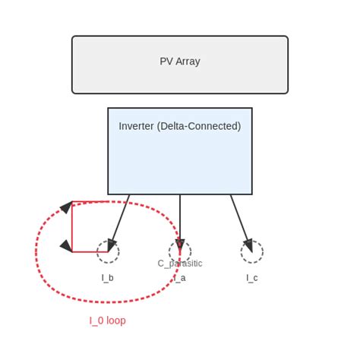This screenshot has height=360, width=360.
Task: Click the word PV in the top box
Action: point(166,62)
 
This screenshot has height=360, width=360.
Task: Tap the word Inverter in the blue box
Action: point(137,126)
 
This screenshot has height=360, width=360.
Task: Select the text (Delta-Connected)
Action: point(200,126)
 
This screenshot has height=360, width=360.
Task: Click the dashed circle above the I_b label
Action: point(108,252)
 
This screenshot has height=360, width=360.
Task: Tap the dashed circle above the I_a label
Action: point(180,252)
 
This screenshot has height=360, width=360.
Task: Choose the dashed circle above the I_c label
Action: point(252,252)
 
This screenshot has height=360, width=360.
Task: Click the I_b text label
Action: point(108,278)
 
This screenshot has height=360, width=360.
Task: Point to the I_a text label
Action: point(180,278)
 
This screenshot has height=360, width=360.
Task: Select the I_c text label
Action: point(252,278)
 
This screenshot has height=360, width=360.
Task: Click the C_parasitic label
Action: point(180,264)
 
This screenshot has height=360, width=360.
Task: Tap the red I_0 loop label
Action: point(108,321)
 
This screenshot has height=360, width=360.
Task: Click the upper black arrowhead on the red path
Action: point(67,207)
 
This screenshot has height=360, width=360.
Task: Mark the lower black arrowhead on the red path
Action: point(66,246)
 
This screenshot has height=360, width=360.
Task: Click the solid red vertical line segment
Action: point(72,226)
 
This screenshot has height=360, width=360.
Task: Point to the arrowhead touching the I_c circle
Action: point(248,245)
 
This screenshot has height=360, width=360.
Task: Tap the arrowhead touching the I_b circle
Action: point(112,245)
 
